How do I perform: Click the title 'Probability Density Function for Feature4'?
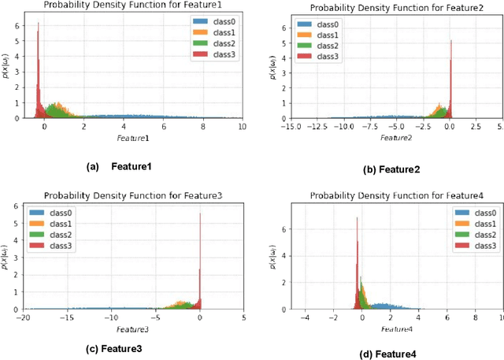388,196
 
